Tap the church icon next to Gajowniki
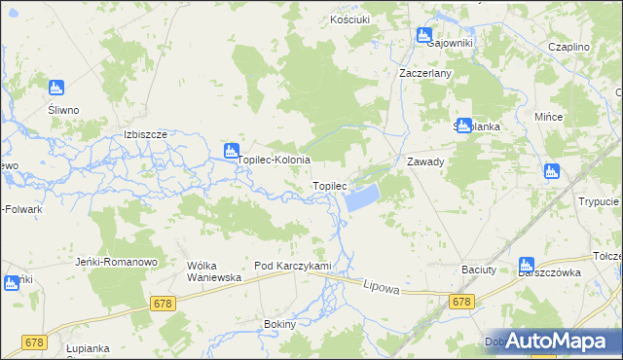coord(424,35)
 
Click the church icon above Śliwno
coord(56,88)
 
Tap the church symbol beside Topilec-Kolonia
coord(231,150)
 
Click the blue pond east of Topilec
coord(360,199)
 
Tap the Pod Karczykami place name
coord(293,266)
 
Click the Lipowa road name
coord(382,286)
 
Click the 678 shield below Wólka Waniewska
coord(164,305)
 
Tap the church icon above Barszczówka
coord(527,263)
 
